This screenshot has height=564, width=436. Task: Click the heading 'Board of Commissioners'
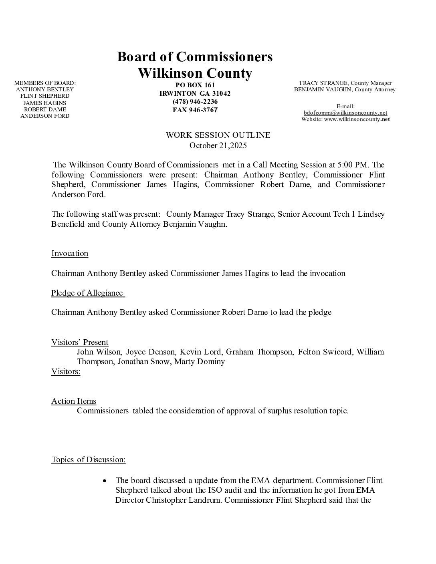(x=195, y=56)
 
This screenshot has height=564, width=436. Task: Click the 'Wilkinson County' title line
(x=195, y=73)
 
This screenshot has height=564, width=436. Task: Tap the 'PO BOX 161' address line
(x=195, y=85)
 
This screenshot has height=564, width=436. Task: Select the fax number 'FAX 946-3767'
(x=195, y=110)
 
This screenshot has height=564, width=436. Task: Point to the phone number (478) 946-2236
(x=195, y=101)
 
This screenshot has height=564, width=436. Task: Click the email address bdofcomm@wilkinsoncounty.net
(x=345, y=113)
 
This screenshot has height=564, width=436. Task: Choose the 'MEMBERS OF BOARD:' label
(x=45, y=83)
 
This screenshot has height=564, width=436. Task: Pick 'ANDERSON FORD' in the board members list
(x=45, y=116)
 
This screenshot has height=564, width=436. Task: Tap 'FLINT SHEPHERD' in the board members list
(x=45, y=96)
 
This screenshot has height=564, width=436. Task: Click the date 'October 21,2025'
(x=218, y=145)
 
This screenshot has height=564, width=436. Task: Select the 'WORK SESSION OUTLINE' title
(x=218, y=135)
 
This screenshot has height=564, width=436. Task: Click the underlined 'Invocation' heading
(x=70, y=253)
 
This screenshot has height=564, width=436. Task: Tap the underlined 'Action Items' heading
(x=74, y=401)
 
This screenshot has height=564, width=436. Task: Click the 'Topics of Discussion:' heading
(x=88, y=459)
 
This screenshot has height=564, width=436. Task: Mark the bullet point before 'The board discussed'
(x=105, y=480)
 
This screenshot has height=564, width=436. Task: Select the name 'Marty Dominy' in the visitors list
(x=200, y=361)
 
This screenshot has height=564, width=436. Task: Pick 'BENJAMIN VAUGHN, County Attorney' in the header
(x=345, y=89)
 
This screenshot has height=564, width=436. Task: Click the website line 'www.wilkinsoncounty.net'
(x=354, y=119)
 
